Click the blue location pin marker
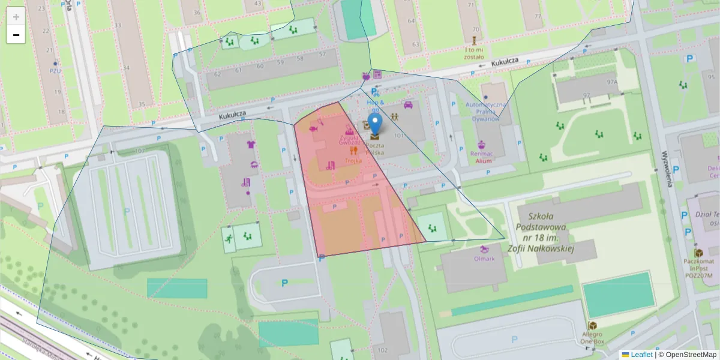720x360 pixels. click(375, 124)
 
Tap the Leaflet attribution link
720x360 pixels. click(641, 355)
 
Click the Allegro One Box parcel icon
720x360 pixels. click(593, 325)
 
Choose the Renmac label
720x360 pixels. click(481, 154)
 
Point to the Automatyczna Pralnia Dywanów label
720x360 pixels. click(486, 111)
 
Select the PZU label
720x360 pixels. click(56, 70)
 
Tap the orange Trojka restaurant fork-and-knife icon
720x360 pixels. click(353, 151)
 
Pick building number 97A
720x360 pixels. click(612, 82)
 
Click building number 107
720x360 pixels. click(140, 150)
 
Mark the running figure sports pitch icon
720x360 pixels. click(228, 239)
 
